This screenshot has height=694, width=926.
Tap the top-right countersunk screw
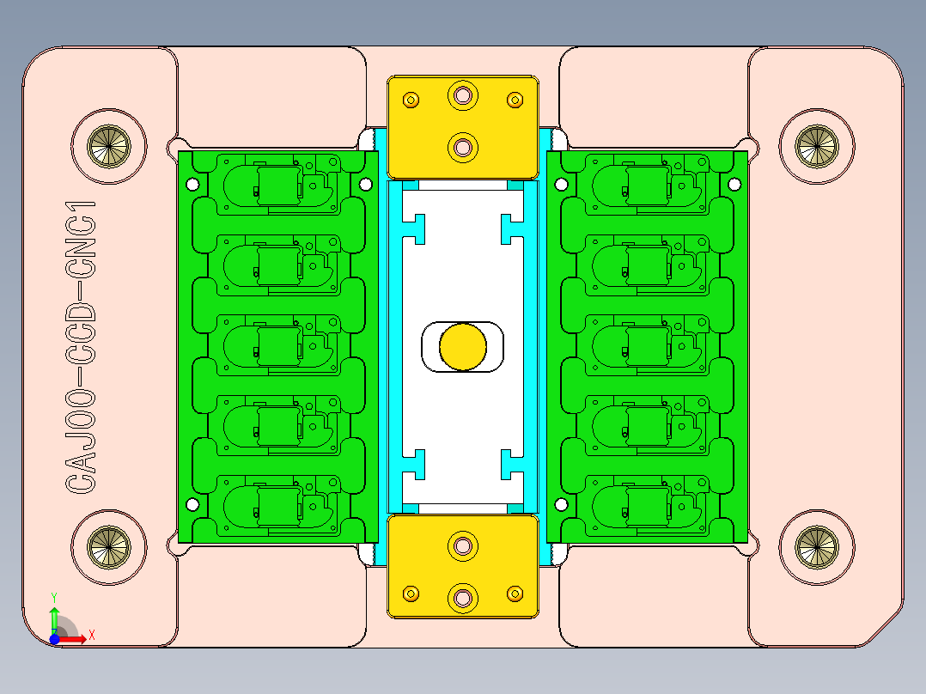815,146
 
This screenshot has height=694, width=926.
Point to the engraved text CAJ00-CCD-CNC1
81,347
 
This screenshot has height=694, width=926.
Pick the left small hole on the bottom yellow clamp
411,593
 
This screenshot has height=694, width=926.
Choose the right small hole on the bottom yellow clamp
515,593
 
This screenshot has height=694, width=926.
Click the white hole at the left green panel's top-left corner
192,184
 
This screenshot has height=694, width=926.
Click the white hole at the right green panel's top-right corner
734,184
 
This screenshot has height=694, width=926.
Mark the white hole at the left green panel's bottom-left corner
192,504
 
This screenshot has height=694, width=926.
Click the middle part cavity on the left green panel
277,345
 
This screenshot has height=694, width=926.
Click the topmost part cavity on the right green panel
647,184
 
